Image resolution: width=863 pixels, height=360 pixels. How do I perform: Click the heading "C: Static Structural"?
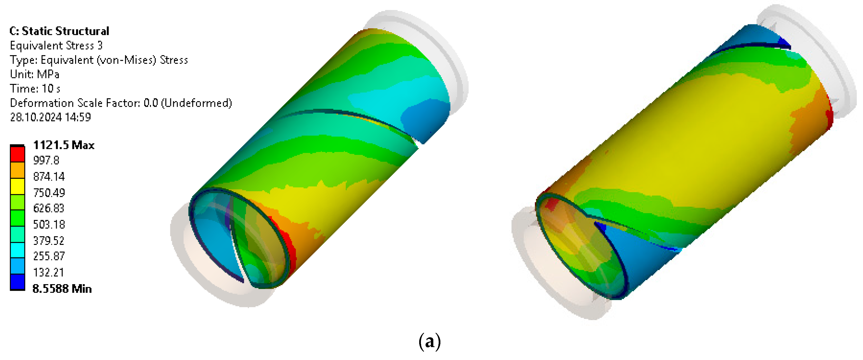[x=59, y=31]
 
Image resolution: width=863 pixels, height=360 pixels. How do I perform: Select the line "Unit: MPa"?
[x=35, y=74]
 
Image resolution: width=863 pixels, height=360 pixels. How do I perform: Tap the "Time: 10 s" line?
[x=35, y=89]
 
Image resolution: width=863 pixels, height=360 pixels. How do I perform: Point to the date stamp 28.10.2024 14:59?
[x=50, y=117]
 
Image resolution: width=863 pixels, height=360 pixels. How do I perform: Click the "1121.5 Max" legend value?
[x=64, y=145]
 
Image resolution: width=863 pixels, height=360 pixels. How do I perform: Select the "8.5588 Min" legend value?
[x=62, y=289]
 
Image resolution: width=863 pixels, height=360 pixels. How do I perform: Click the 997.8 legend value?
[x=46, y=160]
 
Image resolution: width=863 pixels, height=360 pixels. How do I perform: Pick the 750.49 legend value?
[x=49, y=193]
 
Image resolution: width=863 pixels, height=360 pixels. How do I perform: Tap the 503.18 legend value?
[x=49, y=224]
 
